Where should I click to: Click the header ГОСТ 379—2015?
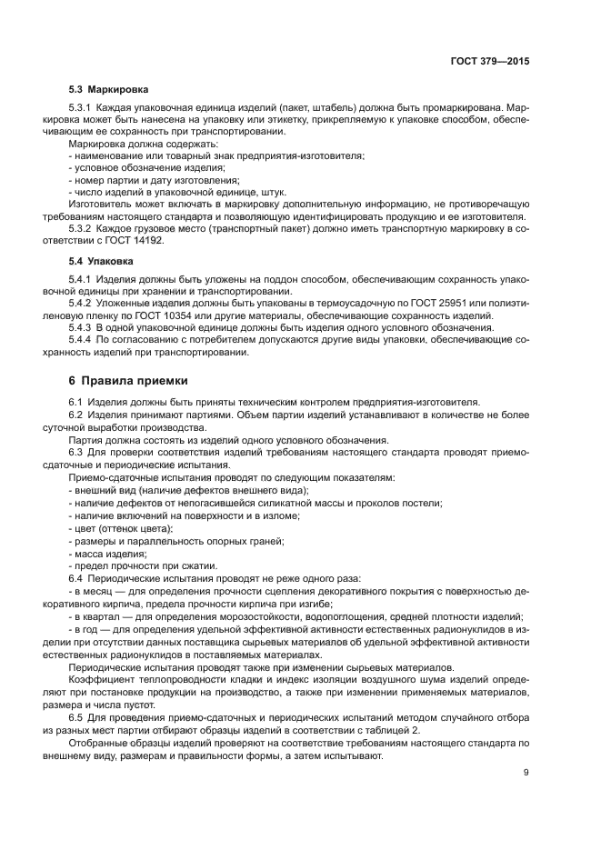(489, 62)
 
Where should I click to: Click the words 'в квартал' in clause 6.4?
(95, 615)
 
